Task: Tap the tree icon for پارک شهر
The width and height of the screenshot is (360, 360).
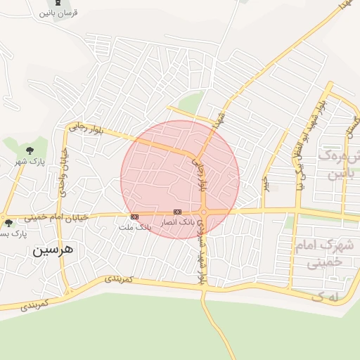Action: point(30,150)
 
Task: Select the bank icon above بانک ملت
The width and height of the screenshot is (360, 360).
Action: point(134,217)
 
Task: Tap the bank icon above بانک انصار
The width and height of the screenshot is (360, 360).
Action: point(177,212)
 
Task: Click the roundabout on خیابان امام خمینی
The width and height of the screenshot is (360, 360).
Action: point(202,212)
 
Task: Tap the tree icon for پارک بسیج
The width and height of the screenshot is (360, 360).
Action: point(8,223)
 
